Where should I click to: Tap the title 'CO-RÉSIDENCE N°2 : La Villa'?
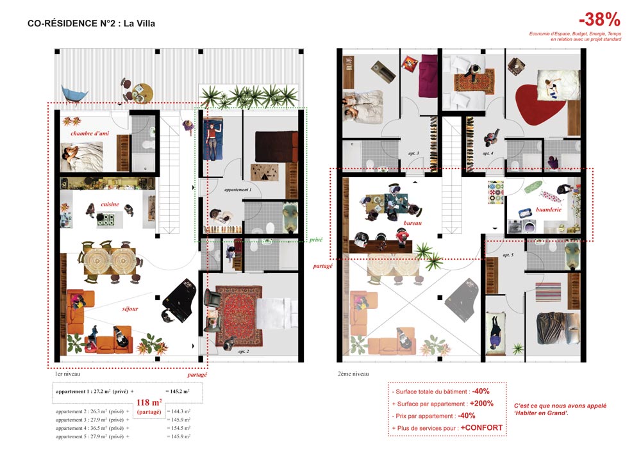click(92, 24)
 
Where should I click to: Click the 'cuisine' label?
click(110, 204)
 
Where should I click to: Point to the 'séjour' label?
click(131, 309)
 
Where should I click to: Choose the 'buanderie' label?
click(549, 210)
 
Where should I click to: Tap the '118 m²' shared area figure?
click(149, 403)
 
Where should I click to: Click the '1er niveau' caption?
click(67, 374)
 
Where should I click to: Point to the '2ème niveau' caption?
click(353, 374)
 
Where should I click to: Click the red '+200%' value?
click(481, 404)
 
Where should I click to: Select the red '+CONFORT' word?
click(481, 427)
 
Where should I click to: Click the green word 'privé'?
click(315, 238)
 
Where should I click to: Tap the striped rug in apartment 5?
click(548, 294)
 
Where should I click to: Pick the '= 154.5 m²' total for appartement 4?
click(178, 427)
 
